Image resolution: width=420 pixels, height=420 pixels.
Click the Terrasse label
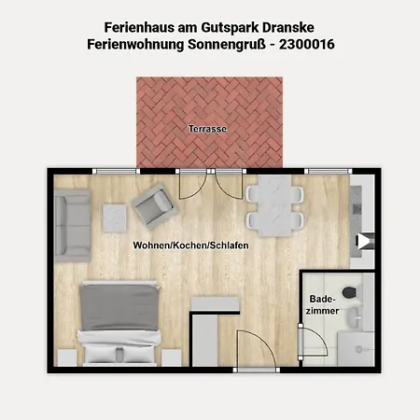[207, 129]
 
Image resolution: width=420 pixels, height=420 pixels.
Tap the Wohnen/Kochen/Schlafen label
[190, 245]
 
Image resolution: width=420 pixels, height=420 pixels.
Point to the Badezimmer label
[322, 305]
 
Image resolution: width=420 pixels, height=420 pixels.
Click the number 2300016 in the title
[307, 44]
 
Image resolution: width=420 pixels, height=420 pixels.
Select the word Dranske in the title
[288, 27]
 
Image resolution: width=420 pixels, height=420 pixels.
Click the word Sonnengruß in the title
[227, 45]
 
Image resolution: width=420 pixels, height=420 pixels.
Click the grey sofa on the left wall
[73, 226]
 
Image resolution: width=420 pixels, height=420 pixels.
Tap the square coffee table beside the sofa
[115, 217]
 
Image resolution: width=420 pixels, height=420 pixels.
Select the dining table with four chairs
[274, 206]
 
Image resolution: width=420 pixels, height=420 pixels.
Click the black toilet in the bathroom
[349, 292]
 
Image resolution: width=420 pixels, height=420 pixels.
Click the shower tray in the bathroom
[356, 348]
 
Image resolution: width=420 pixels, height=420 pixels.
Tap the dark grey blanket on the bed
[119, 307]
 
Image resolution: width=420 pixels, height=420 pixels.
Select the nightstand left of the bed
[67, 357]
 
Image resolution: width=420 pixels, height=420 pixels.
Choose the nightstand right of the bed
[172, 357]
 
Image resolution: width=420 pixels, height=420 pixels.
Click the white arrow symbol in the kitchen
[362, 242]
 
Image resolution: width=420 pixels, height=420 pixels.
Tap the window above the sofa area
[116, 171]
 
